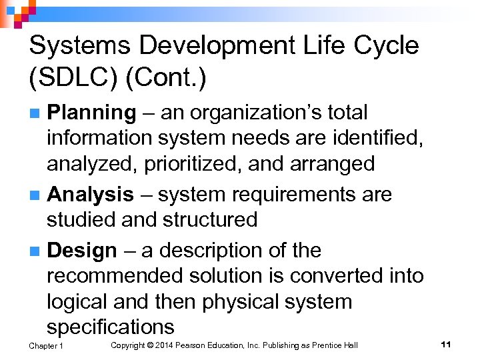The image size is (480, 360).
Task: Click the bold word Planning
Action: pyautogui.click(x=91, y=113)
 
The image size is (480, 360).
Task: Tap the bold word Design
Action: pyautogui.click(x=82, y=251)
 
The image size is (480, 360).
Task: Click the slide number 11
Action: pyautogui.click(x=446, y=344)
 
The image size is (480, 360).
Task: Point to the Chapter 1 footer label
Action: pyautogui.click(x=46, y=345)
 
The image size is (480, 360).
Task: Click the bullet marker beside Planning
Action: pyautogui.click(x=38, y=113)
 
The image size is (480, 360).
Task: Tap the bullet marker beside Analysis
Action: pyautogui.click(x=38, y=195)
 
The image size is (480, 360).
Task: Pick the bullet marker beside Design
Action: pyautogui.click(x=38, y=251)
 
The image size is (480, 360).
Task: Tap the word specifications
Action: pyautogui.click(x=110, y=327)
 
